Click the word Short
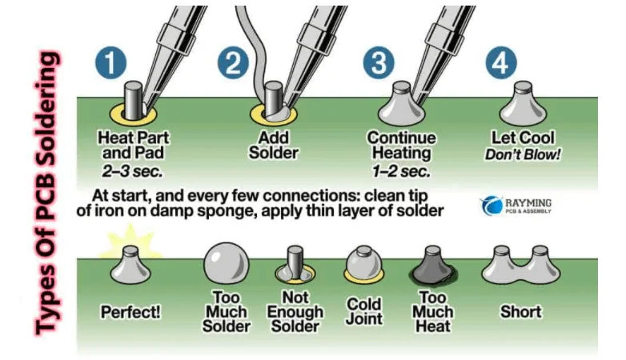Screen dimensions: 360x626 (520, 311)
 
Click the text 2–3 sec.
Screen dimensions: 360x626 (134, 170)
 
